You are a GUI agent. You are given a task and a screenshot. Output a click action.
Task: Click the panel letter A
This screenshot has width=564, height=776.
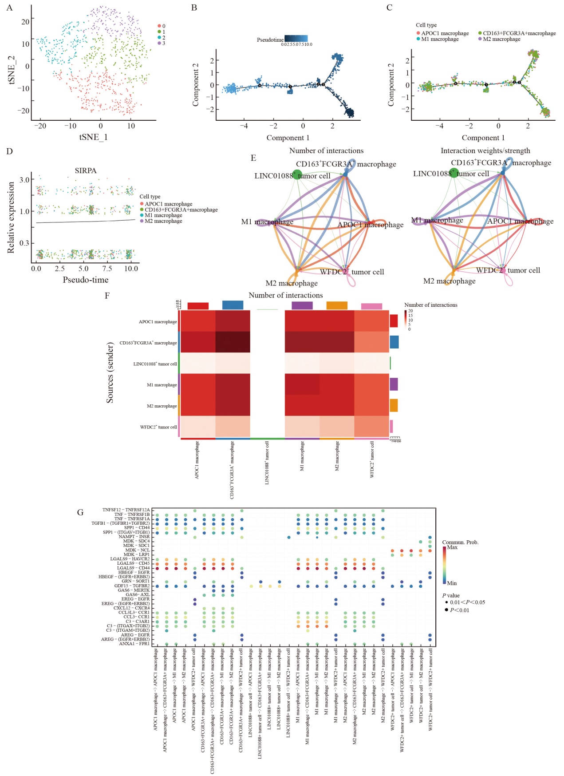9,8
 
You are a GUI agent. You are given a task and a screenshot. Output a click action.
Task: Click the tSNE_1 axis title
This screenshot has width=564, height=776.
93,137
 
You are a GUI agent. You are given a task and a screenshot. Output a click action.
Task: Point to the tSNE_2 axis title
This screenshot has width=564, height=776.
12,69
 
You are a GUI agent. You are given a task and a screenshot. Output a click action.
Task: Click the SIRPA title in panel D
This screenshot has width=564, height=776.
86,170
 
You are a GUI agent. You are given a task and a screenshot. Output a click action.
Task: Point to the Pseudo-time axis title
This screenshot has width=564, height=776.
86,280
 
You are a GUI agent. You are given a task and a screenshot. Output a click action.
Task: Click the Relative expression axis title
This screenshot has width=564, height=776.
11,218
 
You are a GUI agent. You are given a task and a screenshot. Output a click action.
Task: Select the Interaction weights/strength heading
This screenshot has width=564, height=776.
485,151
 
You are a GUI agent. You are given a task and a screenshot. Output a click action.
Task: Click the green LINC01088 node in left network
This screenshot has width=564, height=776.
297,174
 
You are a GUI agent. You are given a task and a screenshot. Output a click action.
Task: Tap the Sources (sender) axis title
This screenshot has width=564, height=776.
110,372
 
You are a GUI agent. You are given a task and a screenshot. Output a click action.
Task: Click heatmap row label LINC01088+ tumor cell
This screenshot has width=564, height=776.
155,364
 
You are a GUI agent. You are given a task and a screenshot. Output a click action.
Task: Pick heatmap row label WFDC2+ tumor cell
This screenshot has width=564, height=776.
158,427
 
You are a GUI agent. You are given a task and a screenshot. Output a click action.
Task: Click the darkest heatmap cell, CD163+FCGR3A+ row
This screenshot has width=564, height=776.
233,342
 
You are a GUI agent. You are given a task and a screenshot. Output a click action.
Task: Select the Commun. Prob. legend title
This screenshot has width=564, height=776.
460,542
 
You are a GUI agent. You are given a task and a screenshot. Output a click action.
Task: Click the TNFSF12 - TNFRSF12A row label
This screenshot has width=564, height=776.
126,510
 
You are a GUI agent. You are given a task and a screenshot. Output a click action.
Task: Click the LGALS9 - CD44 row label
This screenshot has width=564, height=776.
133,568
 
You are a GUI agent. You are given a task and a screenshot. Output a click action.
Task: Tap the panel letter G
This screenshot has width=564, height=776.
80,512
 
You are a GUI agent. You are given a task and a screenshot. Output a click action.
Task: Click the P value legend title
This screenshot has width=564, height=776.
451,596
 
